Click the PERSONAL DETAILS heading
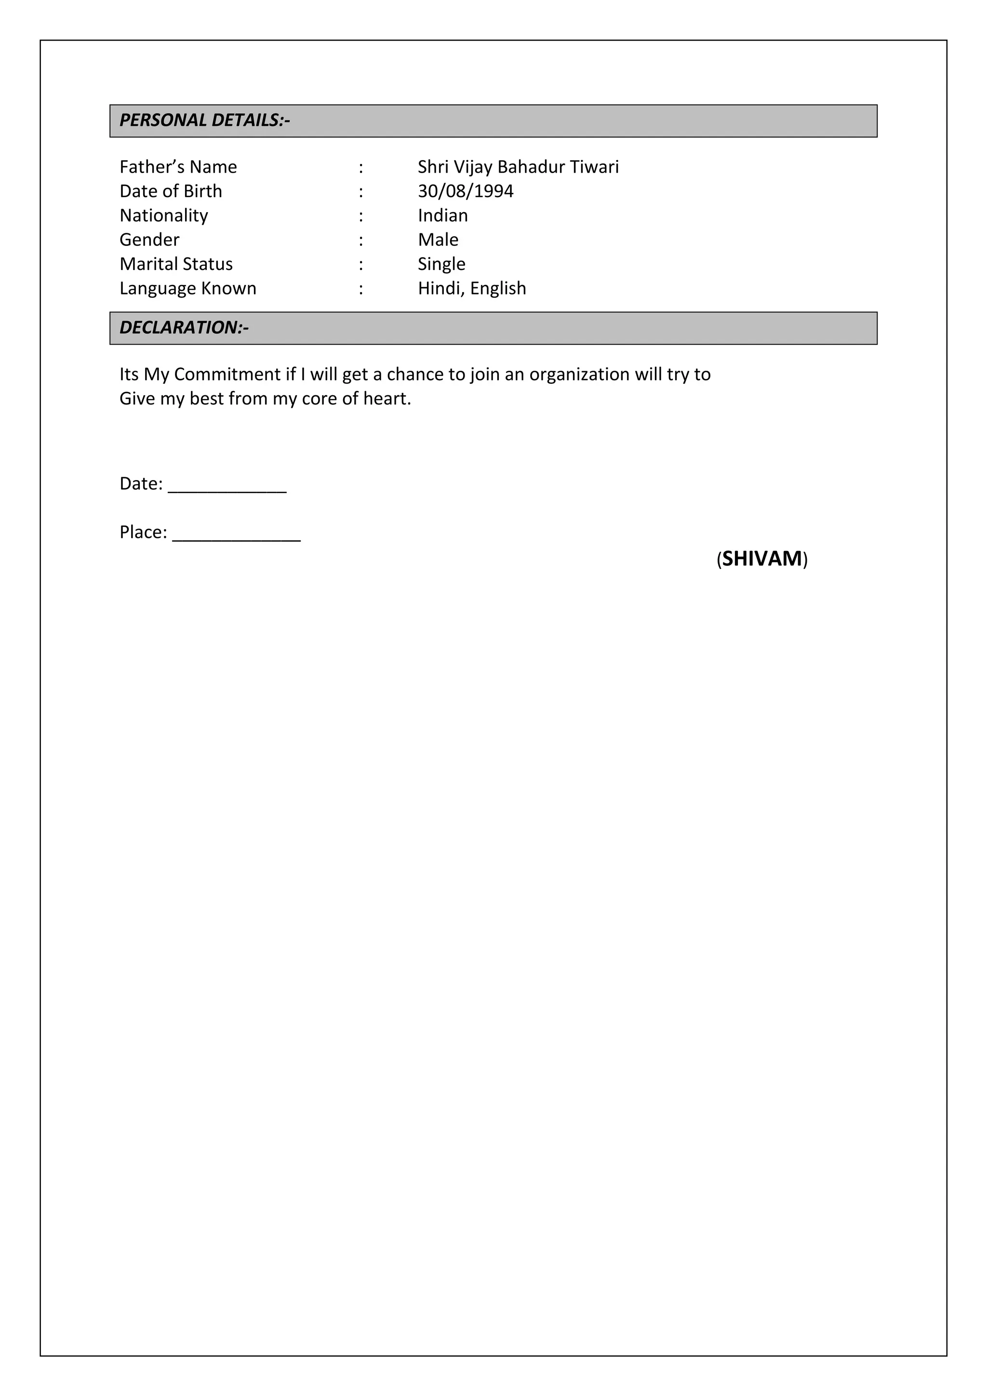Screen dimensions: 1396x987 (x=205, y=121)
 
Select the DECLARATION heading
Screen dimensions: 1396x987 (x=184, y=328)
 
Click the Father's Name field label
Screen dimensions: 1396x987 (x=178, y=167)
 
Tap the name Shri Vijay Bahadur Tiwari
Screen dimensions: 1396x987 (x=518, y=167)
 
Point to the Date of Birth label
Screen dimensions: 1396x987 (x=171, y=191)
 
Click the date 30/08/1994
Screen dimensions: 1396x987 (x=466, y=191)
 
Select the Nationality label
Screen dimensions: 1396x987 (x=163, y=216)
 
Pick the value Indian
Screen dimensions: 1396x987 (x=442, y=216)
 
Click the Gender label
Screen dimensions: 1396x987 (x=149, y=240)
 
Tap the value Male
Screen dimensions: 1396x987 (x=438, y=240)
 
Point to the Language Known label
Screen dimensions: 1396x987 (x=188, y=289)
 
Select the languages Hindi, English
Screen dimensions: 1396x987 (x=472, y=289)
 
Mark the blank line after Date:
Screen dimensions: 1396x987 (x=227, y=489)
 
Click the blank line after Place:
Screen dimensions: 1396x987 (x=237, y=538)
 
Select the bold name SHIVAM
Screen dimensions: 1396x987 (x=762, y=559)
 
